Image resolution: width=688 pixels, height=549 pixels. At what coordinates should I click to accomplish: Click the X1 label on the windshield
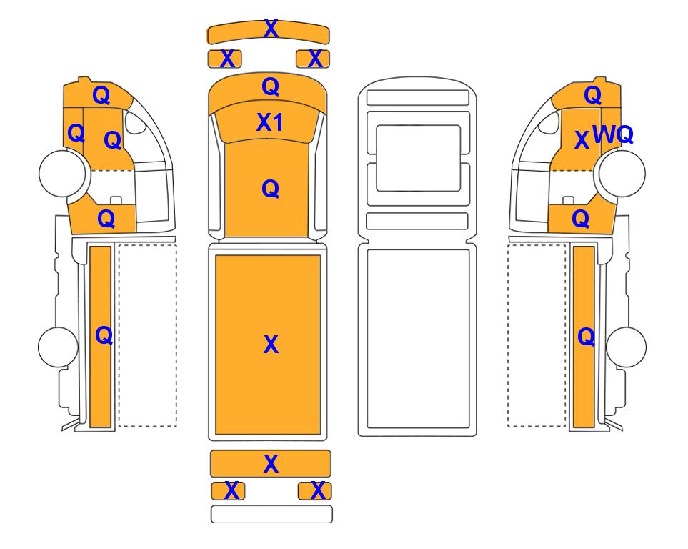(x=270, y=123)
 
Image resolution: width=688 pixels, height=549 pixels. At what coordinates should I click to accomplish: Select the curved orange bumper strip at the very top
(x=268, y=33)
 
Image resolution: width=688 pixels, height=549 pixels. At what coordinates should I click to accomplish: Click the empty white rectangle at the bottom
(x=271, y=514)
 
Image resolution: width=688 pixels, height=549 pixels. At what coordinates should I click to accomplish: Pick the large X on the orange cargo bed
(x=271, y=345)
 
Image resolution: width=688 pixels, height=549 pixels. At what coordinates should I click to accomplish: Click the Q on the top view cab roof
(x=270, y=189)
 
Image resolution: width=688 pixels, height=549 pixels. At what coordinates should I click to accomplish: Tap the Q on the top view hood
(x=270, y=87)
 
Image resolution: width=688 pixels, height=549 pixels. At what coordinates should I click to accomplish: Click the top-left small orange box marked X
(x=225, y=59)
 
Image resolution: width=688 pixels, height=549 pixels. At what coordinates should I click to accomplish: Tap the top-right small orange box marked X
(x=314, y=59)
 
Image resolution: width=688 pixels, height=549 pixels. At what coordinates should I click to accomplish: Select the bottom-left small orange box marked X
(x=229, y=491)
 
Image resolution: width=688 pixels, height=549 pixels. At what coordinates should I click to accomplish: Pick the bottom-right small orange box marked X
(x=316, y=491)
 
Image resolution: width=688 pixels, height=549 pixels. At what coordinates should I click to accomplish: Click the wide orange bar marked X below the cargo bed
(x=270, y=464)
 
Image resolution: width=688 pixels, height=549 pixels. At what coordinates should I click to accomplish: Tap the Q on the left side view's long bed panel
(x=103, y=335)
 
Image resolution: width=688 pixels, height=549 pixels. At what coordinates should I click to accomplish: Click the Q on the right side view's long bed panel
(x=585, y=336)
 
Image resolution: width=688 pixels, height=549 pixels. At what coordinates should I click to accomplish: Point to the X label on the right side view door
(x=582, y=140)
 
